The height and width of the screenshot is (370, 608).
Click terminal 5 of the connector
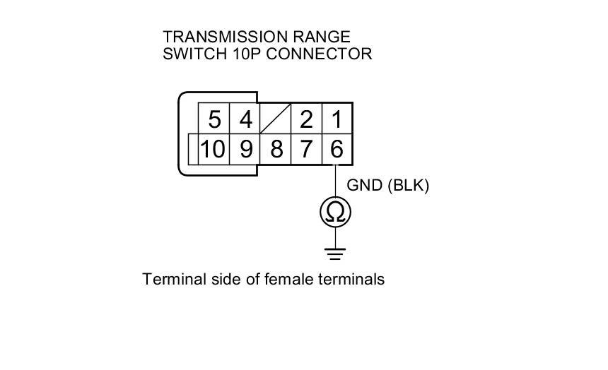click(215, 119)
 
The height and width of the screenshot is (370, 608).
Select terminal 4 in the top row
click(245, 119)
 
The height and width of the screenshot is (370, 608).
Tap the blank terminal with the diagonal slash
click(276, 119)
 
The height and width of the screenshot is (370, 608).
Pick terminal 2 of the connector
click(306, 119)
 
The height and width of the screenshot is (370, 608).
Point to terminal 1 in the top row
click(337, 119)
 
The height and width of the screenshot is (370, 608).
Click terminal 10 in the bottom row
click(213, 149)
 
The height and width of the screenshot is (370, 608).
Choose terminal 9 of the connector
click(245, 149)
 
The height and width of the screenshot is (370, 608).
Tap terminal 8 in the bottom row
click(276, 149)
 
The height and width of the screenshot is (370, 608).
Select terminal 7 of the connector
click(306, 149)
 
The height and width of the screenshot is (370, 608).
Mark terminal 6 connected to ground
click(337, 149)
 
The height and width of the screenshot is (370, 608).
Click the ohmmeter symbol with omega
click(336, 212)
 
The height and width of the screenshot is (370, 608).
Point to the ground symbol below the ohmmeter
click(336, 253)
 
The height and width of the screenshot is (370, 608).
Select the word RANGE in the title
click(322, 37)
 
